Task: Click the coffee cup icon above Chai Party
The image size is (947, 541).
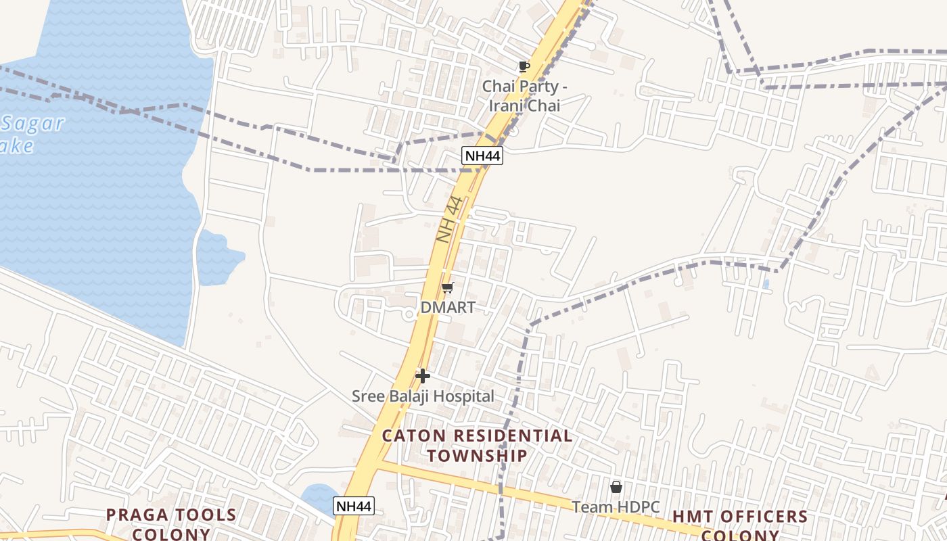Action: pos(524,66)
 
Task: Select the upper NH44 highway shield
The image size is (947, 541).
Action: pos(482,156)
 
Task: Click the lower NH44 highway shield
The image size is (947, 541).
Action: pos(354,506)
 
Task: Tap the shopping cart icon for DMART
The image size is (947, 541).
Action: pos(447,288)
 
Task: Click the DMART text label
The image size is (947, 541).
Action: pos(448,307)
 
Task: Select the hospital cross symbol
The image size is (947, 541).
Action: pos(423,376)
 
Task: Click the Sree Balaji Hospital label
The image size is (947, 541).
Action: pos(423,396)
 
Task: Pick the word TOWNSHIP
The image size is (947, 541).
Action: pos(477,455)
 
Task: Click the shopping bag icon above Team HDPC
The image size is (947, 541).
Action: pos(616,487)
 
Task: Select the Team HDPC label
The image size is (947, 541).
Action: pos(616,507)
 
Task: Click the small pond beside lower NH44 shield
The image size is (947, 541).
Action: pos(317,497)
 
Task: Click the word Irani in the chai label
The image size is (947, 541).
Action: pos(507,105)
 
